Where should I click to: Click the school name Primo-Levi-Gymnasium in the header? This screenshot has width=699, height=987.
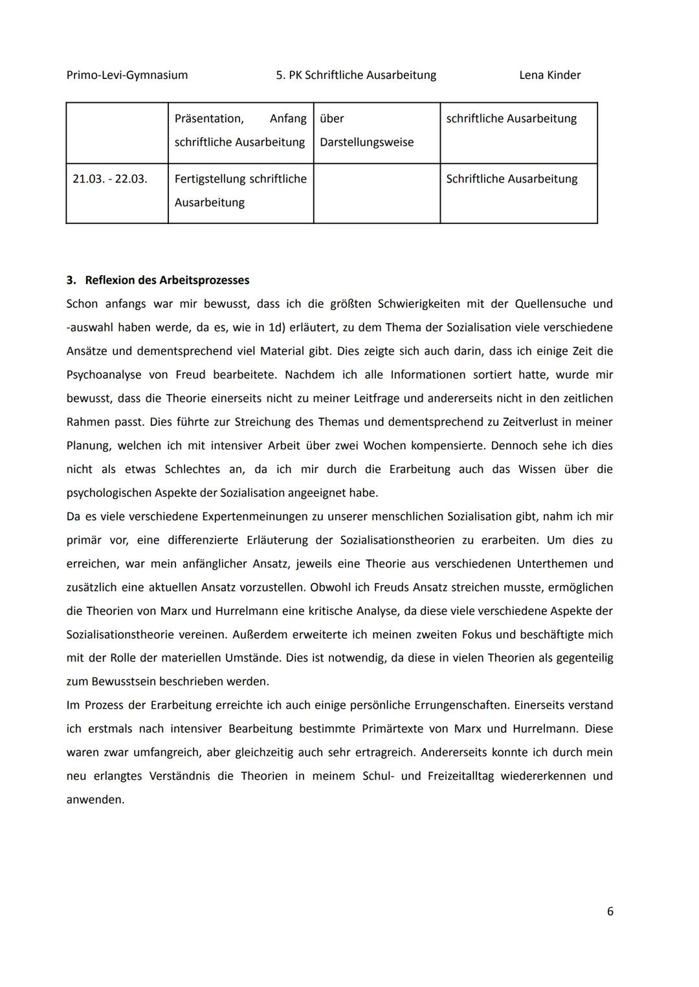click(x=127, y=75)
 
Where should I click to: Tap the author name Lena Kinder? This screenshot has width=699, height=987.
click(x=549, y=75)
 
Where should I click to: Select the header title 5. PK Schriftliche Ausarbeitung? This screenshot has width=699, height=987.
click(x=355, y=75)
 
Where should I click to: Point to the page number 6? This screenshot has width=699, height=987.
click(x=610, y=911)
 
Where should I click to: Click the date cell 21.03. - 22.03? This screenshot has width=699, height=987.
click(x=109, y=179)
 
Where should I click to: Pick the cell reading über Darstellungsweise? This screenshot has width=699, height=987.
click(x=366, y=131)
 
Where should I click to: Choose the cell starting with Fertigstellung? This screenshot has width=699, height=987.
click(x=240, y=190)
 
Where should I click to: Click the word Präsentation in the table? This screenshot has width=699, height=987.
click(x=208, y=119)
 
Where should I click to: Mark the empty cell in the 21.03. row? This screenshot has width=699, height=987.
click(x=377, y=193)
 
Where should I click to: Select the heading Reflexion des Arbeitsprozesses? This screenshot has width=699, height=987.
click(x=166, y=280)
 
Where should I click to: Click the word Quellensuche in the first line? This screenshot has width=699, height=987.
click(x=549, y=304)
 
